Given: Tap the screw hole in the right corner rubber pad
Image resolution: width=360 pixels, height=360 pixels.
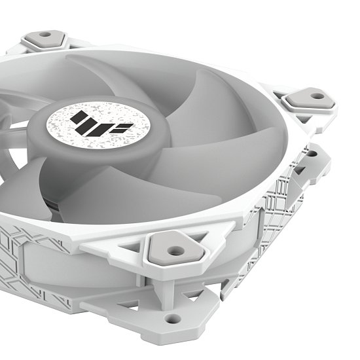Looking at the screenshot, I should [x=317, y=96].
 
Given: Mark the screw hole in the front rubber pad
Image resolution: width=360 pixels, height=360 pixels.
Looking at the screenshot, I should [x=175, y=250].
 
